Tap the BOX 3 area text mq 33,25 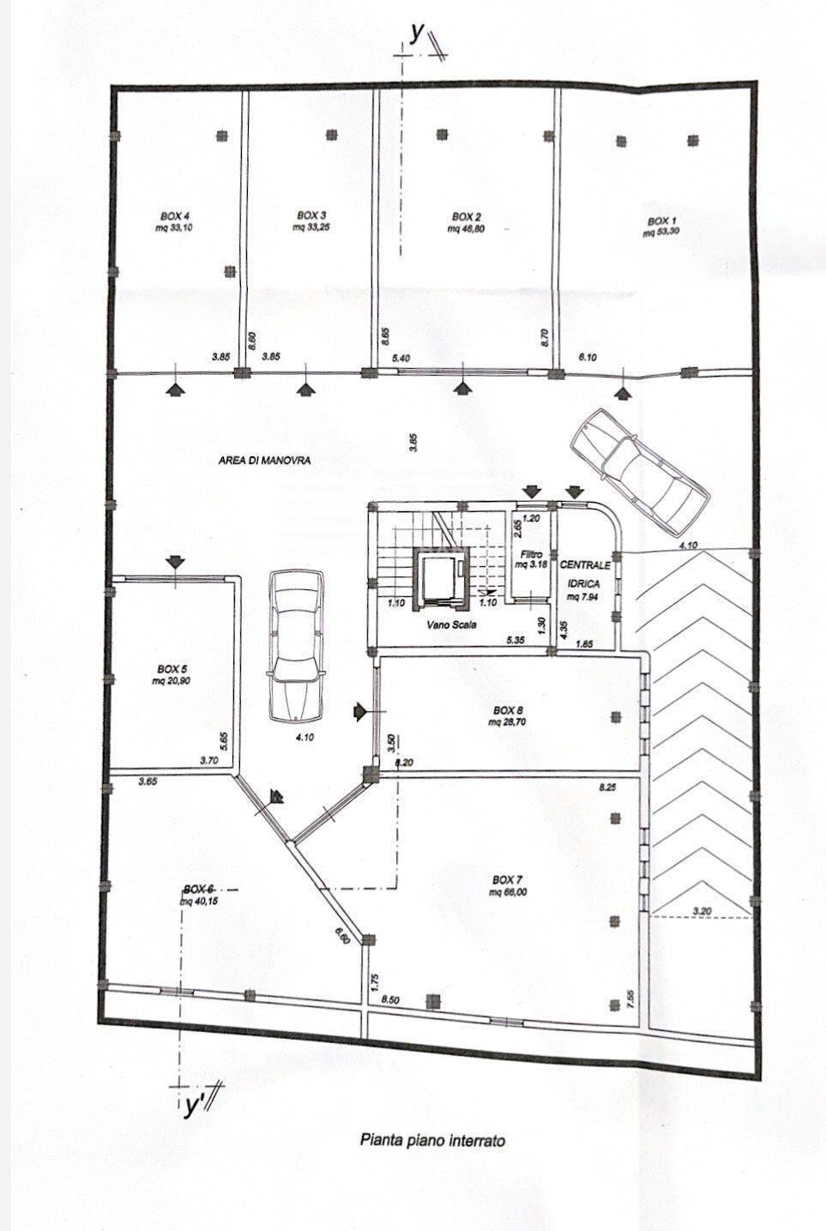311,227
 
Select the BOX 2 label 467,217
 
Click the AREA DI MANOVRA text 264,461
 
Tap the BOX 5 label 172,668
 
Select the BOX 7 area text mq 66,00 507,892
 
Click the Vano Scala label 451,625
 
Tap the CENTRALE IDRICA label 586,574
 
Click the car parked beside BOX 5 295,647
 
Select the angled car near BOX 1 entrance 638,468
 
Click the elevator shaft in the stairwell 441,575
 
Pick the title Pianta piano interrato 432,1140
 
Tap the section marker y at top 418,33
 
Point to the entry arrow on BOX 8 359,711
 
